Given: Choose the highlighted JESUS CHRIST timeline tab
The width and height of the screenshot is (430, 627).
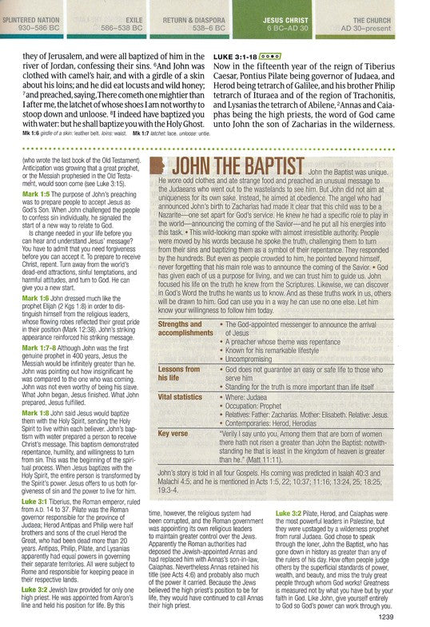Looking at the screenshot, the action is [301, 18].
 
